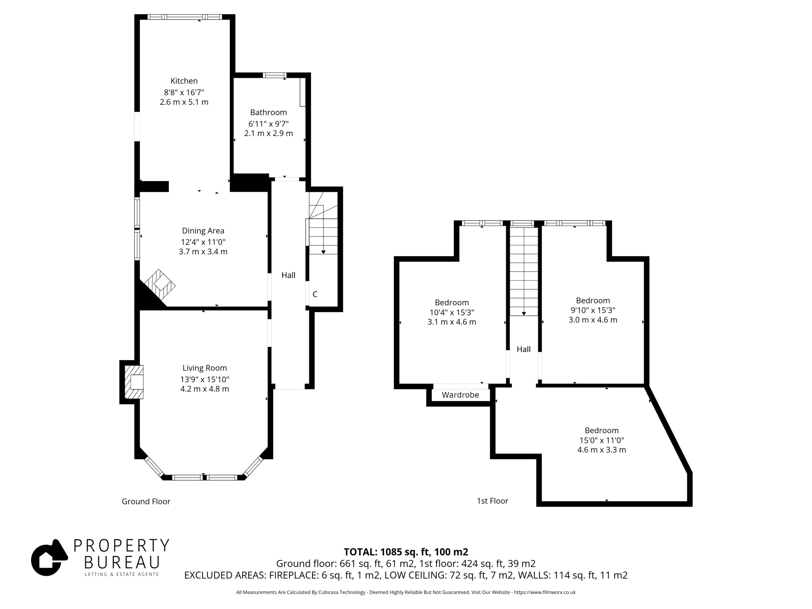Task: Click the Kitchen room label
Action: (x=184, y=81)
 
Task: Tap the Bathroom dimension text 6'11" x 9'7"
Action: (x=268, y=124)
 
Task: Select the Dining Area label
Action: (x=203, y=231)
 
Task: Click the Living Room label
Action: (x=205, y=368)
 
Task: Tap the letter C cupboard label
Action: (x=315, y=294)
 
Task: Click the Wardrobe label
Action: (x=460, y=395)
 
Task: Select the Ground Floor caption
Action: (x=146, y=501)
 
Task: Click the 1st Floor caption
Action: (x=492, y=501)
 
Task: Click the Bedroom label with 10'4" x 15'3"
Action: (x=452, y=303)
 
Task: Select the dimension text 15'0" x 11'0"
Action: (x=602, y=440)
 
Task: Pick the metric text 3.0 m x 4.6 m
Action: (x=593, y=320)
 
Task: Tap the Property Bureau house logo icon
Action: (x=49, y=558)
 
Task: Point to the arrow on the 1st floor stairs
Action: (x=524, y=271)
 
